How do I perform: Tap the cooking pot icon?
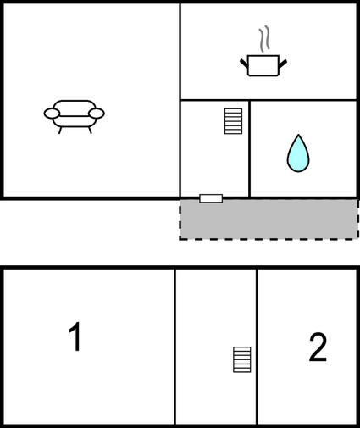point(263,65)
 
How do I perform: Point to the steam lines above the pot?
point(265,39)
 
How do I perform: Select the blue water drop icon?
point(297,153)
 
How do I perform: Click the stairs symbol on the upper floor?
point(234,120)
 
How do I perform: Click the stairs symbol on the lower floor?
point(243,359)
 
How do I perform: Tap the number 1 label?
point(75,337)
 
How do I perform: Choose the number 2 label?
point(318,347)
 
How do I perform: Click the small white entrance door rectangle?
point(211,198)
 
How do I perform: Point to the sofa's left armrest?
point(52,114)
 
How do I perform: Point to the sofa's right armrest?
point(97,114)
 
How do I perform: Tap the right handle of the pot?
point(282,61)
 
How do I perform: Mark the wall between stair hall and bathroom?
point(249,148)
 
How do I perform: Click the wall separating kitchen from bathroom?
point(303,100)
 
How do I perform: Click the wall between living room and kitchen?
point(180,51)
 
